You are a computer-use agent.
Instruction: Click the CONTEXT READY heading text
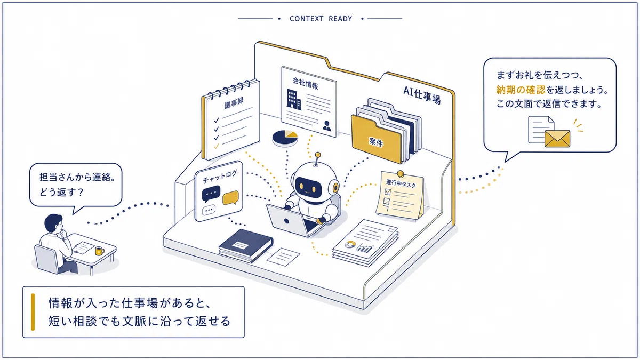(x=321, y=19)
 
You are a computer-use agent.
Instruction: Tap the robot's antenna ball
(x=317, y=155)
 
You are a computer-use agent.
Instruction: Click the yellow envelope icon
(x=557, y=139)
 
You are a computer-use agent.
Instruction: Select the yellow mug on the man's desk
(x=99, y=251)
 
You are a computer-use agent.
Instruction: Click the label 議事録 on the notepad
(x=234, y=102)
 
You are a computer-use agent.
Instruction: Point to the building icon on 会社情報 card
(x=294, y=99)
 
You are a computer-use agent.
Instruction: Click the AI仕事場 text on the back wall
(x=422, y=95)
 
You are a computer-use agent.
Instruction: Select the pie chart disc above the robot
(x=285, y=138)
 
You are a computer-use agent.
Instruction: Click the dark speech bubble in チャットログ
(x=211, y=194)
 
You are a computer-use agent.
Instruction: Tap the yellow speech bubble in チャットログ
(x=230, y=197)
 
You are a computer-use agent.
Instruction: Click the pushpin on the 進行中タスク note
(x=401, y=173)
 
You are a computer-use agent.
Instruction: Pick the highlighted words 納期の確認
(x=521, y=90)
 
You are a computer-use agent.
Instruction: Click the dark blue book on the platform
(x=246, y=245)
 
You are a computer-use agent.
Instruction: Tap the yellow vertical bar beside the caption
(x=33, y=312)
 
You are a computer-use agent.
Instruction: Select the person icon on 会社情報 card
(x=326, y=126)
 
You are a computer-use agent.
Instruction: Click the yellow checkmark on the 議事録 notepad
(x=217, y=146)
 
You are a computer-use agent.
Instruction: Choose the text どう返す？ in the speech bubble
(x=61, y=193)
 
